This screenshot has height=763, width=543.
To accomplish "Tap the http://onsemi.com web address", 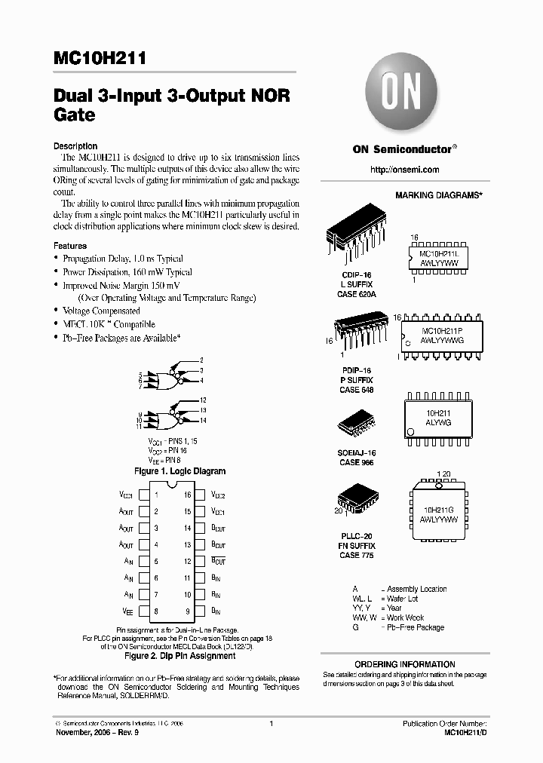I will click(405, 170).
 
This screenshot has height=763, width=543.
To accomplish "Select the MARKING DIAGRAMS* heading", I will click(439, 195).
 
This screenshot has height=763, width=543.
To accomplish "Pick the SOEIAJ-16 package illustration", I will click(357, 426).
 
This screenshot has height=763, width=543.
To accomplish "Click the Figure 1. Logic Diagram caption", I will click(179, 471).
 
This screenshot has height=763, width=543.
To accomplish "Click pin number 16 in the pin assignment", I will click(187, 495).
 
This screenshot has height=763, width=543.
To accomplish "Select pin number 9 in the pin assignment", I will click(187, 611).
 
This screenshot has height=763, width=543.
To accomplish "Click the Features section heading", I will click(70, 246).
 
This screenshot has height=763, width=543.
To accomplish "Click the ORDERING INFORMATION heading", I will click(404, 664).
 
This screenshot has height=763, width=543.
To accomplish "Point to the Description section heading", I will click(75, 146).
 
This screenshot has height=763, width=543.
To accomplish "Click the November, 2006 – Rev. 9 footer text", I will click(95, 732).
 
